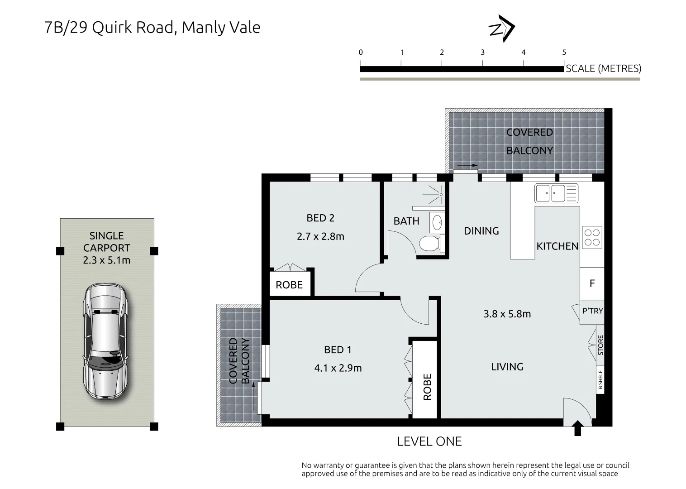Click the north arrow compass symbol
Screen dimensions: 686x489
point(502,29)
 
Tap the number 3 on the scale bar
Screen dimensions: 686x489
point(483,53)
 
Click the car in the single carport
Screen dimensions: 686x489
point(105,341)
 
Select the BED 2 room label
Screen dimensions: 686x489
point(320,218)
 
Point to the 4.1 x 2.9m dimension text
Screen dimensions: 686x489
point(338,368)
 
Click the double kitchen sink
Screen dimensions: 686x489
point(556,193)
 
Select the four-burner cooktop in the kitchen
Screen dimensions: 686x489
point(592,237)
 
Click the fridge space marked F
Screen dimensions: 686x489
point(592,283)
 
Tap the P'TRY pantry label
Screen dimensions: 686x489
point(593,311)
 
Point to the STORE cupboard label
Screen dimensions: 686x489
point(600,345)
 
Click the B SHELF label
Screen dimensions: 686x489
point(600,380)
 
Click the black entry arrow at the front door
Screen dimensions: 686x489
point(577,428)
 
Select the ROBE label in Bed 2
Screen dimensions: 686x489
point(289,285)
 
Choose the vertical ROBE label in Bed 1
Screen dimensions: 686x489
point(427,387)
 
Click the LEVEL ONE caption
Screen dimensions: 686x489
point(429,441)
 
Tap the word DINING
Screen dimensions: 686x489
point(481,231)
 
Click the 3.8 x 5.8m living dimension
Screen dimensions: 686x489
point(507,314)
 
